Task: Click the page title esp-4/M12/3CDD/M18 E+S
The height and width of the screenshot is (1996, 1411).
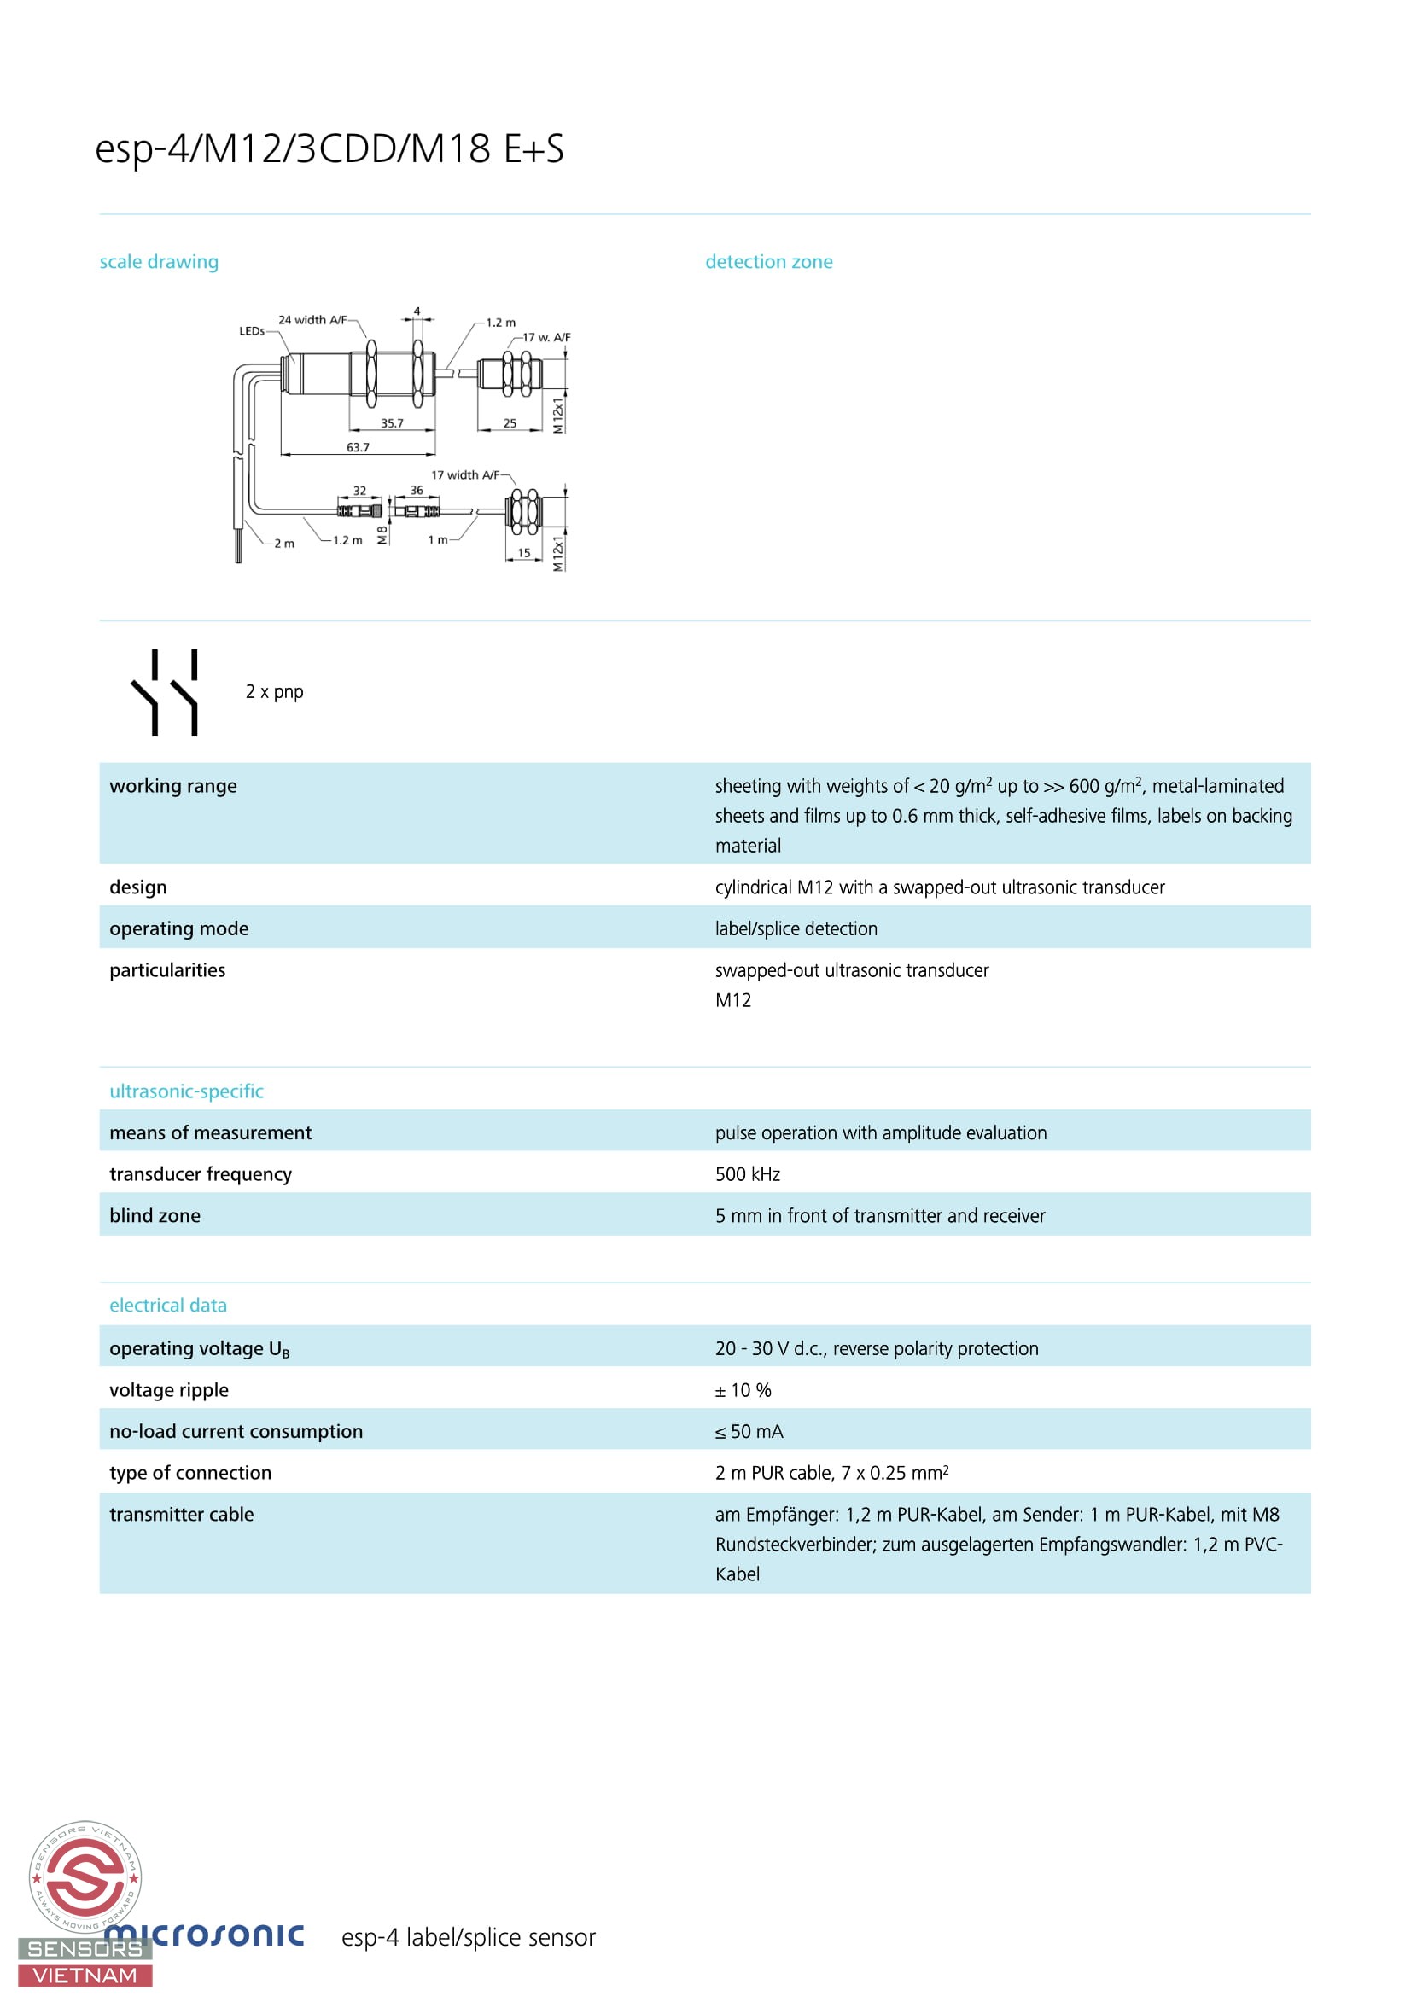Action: coord(329,148)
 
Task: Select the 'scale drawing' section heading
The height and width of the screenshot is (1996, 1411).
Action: coord(159,262)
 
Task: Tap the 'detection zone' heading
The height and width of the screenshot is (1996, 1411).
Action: coord(768,262)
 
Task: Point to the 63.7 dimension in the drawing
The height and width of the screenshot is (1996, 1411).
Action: coord(358,448)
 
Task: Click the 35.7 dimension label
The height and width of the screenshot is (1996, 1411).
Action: coord(392,423)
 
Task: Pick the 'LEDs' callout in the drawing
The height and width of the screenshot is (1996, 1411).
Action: coord(251,331)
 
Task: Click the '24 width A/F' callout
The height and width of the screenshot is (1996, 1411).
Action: coord(312,320)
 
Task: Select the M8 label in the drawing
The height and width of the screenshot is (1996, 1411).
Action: coord(382,536)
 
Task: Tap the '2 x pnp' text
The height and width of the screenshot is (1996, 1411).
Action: coord(275,692)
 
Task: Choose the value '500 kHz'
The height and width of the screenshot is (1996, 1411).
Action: coord(748,1174)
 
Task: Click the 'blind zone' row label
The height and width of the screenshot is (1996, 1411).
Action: coord(155,1216)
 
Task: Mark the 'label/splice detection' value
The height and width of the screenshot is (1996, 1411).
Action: coord(796,929)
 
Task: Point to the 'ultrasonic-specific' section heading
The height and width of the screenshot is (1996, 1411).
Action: coord(186,1092)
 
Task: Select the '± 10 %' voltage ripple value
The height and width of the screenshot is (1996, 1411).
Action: coord(743,1390)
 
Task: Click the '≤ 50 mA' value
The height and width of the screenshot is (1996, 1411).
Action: coord(749,1432)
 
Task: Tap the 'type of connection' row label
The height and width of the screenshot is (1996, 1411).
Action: coord(190,1473)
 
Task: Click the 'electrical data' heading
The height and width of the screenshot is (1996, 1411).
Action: coord(168,1306)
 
